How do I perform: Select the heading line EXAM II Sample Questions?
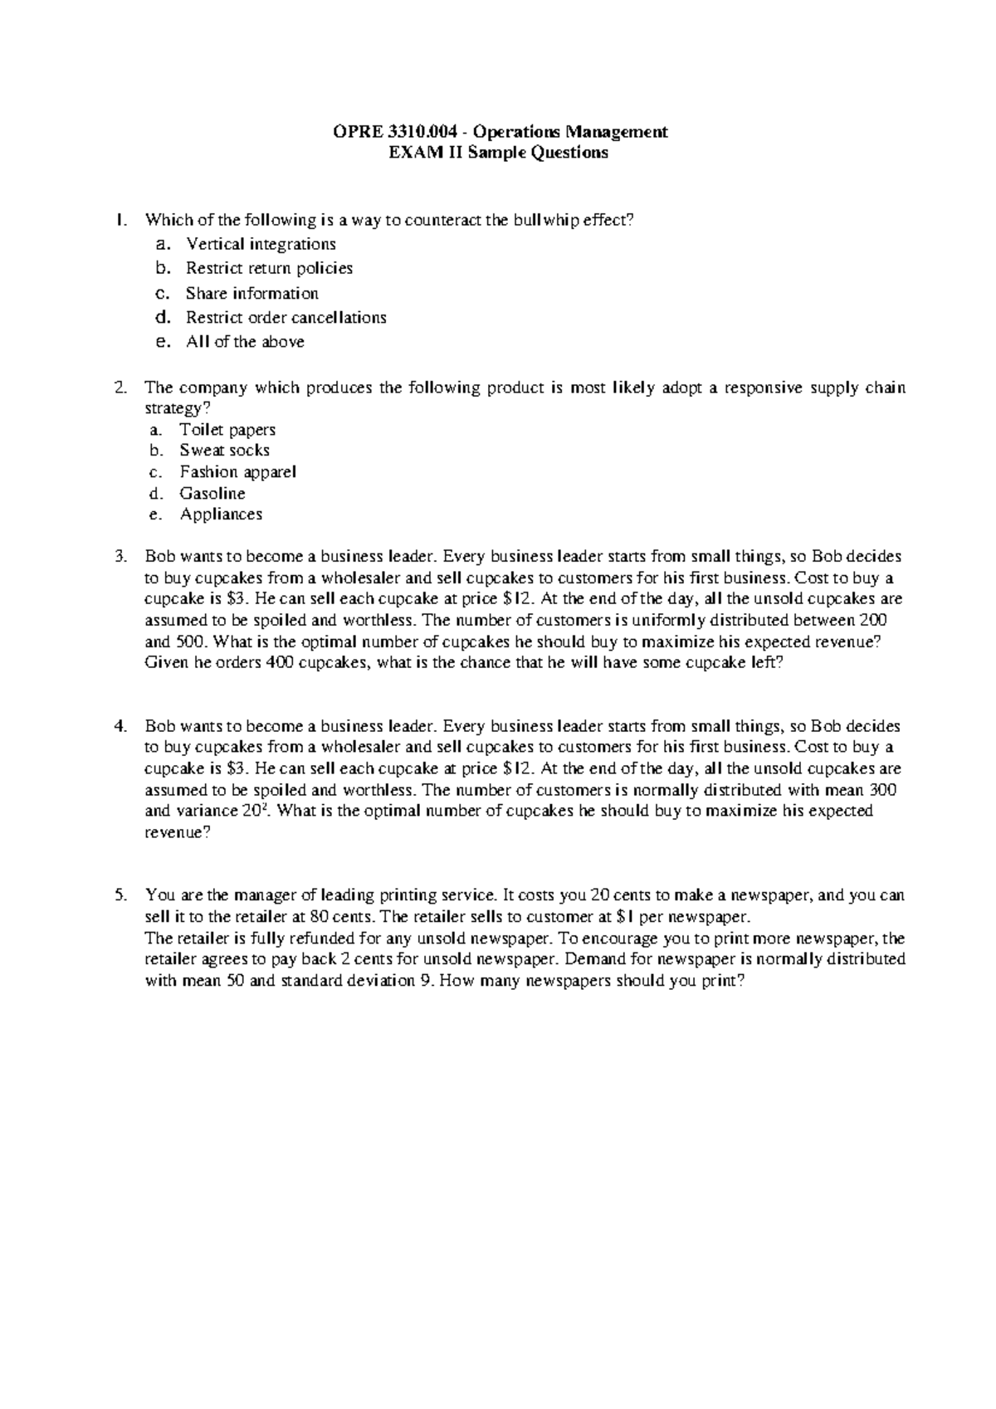coord(499,153)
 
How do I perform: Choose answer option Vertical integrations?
coord(261,244)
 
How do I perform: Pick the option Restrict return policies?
coord(269,268)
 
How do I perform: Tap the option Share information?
coord(251,293)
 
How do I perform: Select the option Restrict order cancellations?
coord(286,317)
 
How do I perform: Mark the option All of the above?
coord(245,342)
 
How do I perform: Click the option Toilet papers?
coord(227,430)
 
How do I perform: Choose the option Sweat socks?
coord(224,451)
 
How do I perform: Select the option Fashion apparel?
coord(237,472)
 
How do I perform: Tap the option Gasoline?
coord(212,494)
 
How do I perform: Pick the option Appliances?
coord(221,514)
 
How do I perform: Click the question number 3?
coord(120,557)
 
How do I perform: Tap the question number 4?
coord(120,726)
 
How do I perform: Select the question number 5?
coord(120,895)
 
